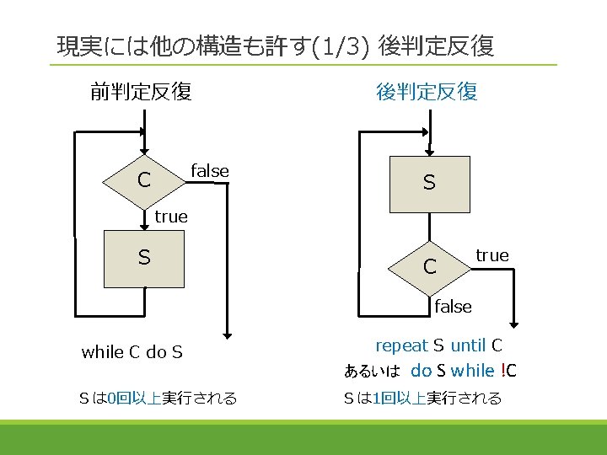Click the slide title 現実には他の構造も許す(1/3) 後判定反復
click(x=275, y=46)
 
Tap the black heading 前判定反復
click(x=141, y=91)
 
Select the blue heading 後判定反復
click(x=427, y=92)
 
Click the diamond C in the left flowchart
click(x=144, y=180)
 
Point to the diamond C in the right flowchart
click(x=429, y=268)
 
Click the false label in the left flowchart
click(x=210, y=171)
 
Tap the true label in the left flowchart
click(x=170, y=217)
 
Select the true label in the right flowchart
click(x=492, y=255)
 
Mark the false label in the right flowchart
click(x=453, y=307)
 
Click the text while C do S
click(x=132, y=352)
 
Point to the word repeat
click(x=401, y=345)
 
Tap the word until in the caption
click(x=467, y=345)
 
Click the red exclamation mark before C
click(x=502, y=371)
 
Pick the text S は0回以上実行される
click(x=158, y=398)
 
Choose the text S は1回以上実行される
click(x=422, y=398)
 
